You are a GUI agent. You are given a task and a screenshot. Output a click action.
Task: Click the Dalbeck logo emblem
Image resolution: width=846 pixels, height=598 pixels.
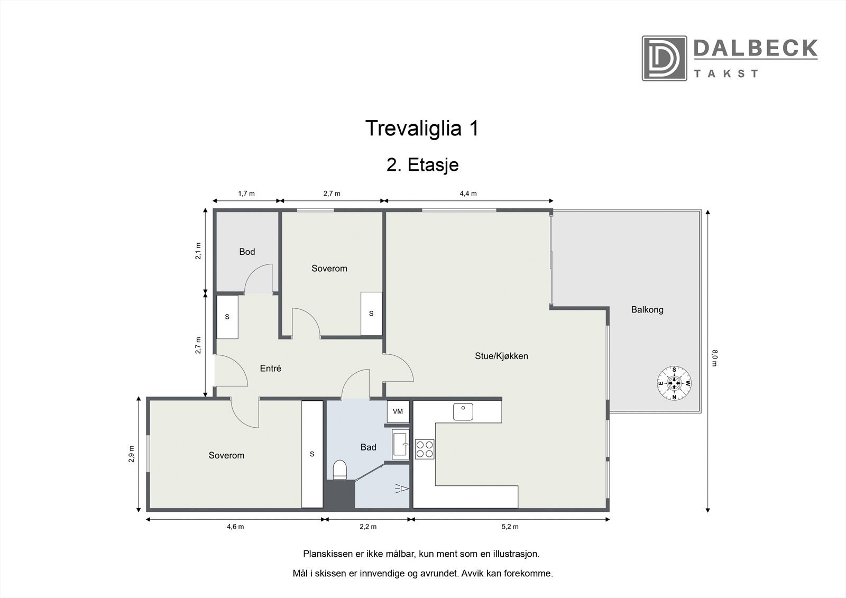tap(664, 58)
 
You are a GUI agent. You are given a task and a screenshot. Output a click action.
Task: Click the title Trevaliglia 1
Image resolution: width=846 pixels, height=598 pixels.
tap(422, 128)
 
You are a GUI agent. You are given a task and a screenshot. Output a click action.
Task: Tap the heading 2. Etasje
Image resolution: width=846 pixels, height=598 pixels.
tap(422, 165)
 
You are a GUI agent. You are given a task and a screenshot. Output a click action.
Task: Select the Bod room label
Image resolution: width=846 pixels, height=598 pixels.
tap(247, 252)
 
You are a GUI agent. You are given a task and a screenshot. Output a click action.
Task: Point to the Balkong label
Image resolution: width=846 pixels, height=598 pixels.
tap(647, 310)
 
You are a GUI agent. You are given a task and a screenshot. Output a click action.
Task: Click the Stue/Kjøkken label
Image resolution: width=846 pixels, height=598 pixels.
tap(501, 356)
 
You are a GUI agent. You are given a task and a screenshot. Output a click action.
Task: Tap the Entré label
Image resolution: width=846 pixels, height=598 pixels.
tap(270, 369)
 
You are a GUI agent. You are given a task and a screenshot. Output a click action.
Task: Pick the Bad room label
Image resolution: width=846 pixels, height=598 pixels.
tap(368, 447)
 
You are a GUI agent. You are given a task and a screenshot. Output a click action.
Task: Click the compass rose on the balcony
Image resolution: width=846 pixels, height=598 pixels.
tap(674, 383)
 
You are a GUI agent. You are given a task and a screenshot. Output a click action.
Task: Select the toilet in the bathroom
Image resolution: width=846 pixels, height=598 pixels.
tap(340, 470)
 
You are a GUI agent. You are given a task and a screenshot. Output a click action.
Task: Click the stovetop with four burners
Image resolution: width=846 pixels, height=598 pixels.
tap(425, 449)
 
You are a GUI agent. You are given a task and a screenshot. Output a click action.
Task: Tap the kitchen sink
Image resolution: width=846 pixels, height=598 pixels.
tap(463, 412)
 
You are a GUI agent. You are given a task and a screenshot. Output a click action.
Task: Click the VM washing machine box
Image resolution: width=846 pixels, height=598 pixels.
tap(398, 411)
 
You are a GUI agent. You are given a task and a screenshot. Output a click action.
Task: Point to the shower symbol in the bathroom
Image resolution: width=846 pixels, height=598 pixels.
tap(402, 489)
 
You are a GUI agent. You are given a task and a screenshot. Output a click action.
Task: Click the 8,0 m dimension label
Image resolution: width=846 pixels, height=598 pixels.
tap(714, 358)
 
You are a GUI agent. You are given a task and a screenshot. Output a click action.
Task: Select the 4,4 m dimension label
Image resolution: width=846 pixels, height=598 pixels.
tap(468, 194)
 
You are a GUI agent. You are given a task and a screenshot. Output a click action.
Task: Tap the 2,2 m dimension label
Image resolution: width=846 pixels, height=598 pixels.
tap(368, 527)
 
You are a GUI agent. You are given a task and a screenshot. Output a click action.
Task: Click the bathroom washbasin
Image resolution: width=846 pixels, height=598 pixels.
tap(400, 444)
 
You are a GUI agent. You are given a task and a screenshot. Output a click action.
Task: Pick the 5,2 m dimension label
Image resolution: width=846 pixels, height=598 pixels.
tap(510, 527)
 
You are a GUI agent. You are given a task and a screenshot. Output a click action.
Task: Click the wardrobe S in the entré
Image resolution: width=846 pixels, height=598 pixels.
tap(227, 317)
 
